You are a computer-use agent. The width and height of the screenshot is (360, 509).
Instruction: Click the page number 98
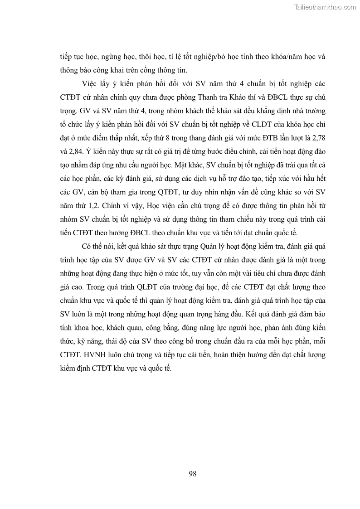[192, 474]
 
